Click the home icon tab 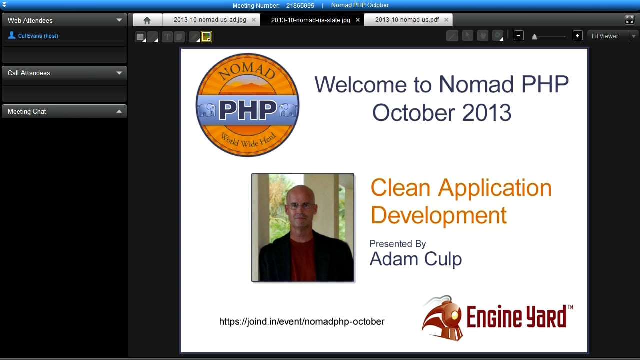[147, 20]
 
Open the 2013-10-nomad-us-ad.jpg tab [210, 20]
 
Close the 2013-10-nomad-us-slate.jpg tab [357, 20]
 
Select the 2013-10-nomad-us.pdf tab [407, 20]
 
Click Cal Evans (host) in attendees [38, 36]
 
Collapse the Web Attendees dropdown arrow [119, 20]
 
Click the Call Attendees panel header [64, 73]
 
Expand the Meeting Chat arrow [119, 111]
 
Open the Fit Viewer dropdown [634, 36]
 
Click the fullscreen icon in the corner [629, 19]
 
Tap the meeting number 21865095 [300, 5]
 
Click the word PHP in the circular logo [248, 110]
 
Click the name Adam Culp [415, 259]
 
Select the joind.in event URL [302, 321]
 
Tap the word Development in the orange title [439, 215]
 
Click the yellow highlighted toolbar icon [206, 37]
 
